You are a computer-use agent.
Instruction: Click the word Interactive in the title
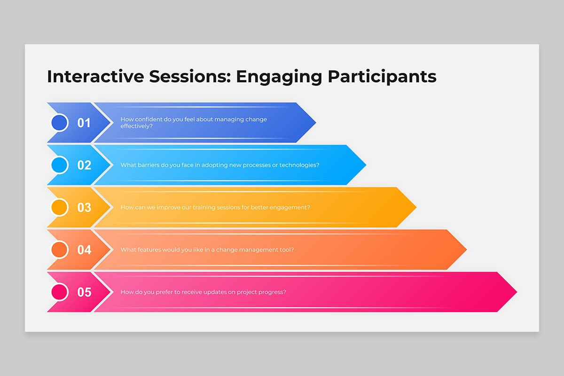95,76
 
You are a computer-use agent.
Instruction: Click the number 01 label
84,123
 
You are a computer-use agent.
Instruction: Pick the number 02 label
84,165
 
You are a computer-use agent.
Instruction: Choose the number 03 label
84,208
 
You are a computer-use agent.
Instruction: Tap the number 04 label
84,250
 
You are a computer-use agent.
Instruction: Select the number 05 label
84,292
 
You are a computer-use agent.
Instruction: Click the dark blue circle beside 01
60,123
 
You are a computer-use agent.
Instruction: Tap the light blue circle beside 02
60,165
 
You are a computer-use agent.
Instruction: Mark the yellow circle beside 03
60,207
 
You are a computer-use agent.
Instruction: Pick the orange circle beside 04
60,250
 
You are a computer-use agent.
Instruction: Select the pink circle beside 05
60,292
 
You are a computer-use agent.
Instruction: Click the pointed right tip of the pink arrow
517,292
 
